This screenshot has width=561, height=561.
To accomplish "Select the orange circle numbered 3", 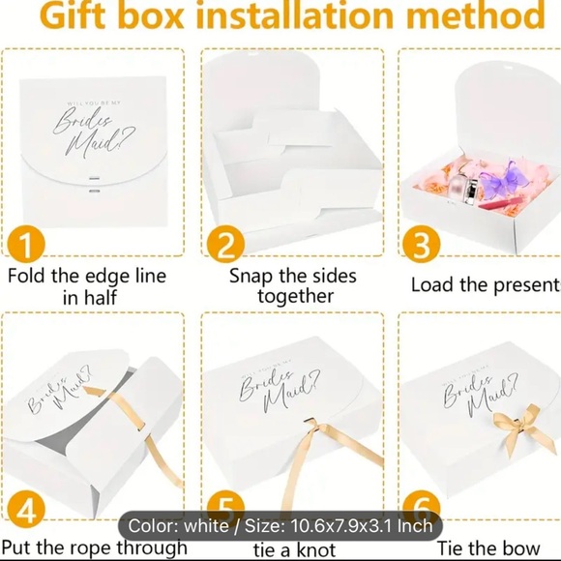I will (420, 245).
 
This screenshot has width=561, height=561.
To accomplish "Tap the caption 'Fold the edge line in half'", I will (87, 286).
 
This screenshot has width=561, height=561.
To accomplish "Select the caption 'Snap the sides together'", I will (292, 285).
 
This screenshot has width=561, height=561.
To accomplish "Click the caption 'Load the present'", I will (485, 285).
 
